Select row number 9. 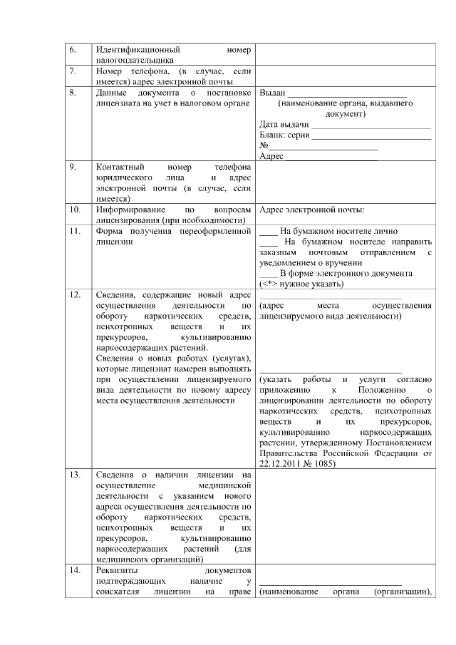[x=73, y=167]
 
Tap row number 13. [x=74, y=473]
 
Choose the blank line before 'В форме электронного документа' [x=268, y=274]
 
